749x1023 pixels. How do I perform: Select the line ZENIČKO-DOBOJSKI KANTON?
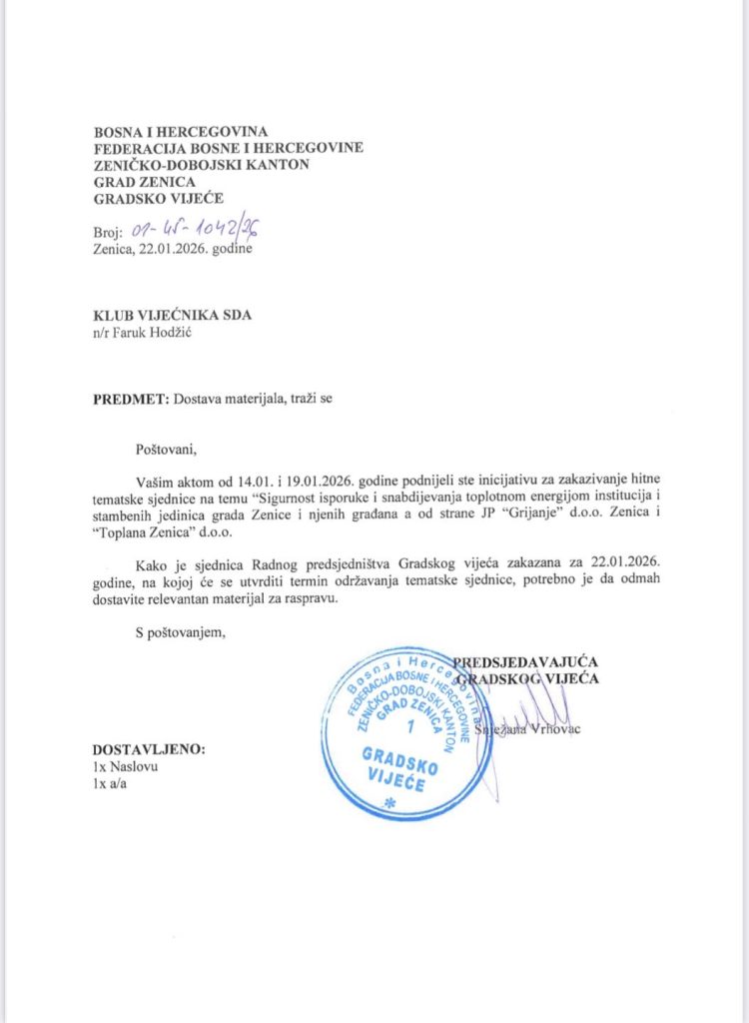pos(201,165)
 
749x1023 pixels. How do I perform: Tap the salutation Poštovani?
pos(169,449)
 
